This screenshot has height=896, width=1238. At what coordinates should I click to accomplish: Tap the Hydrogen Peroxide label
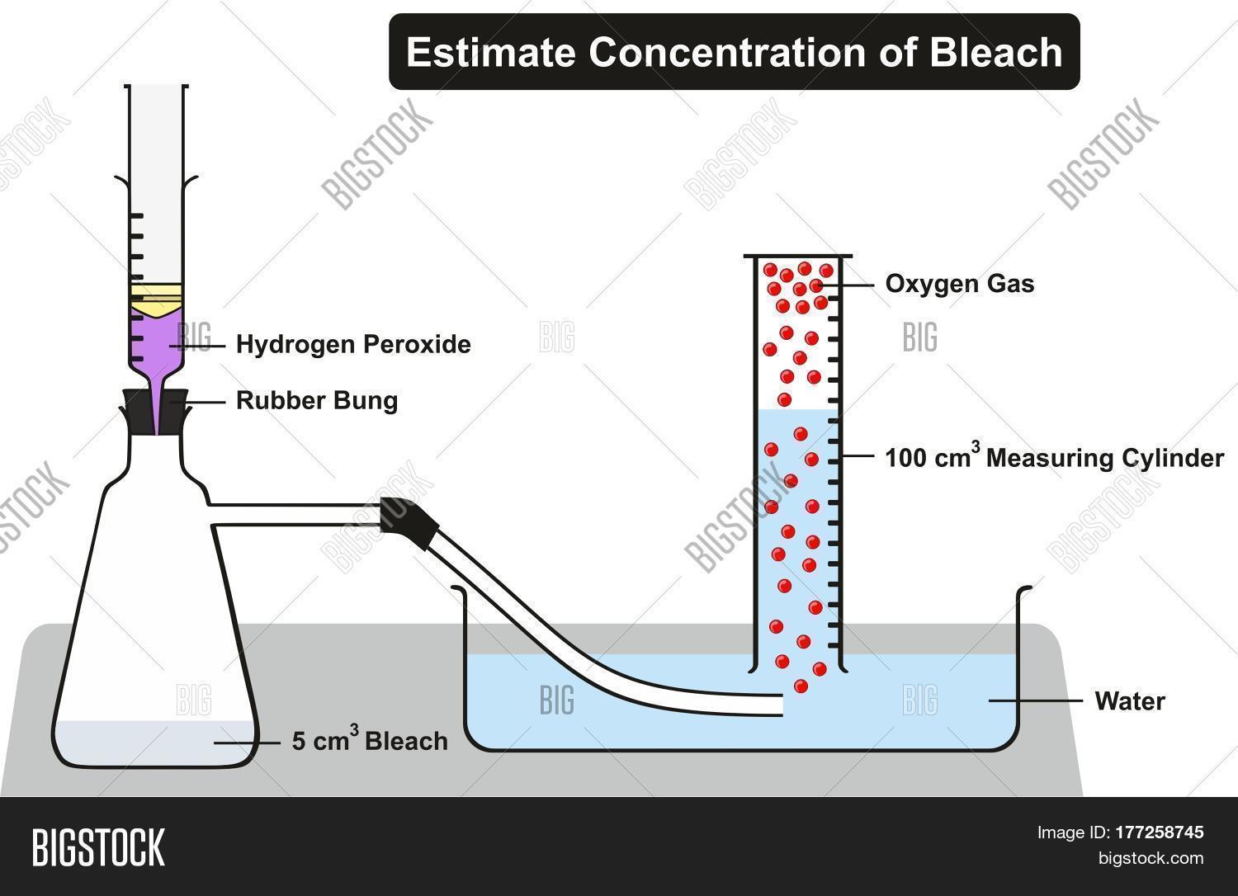coord(353,344)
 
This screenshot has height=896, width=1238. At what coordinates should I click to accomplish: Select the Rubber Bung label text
coord(317,401)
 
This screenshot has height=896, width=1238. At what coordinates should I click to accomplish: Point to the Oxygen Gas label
coord(960,284)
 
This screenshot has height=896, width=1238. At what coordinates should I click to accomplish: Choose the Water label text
coord(1129,701)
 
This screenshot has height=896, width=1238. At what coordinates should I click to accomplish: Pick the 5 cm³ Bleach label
coord(370,741)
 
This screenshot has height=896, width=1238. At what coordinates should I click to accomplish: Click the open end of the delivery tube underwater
coord(781,705)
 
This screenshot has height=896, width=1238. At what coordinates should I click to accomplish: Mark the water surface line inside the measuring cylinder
coord(796,410)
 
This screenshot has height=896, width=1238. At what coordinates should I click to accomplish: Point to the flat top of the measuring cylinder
coord(797,256)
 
